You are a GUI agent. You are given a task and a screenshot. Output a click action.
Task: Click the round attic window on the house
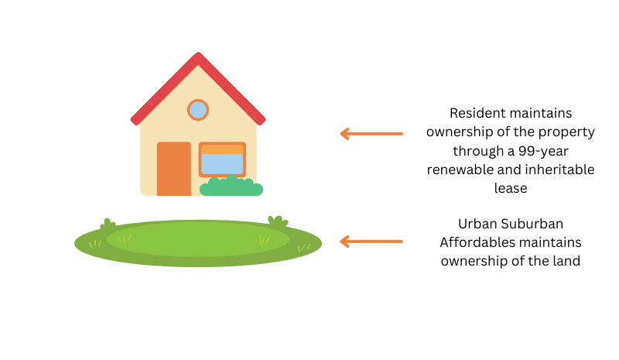[198, 110]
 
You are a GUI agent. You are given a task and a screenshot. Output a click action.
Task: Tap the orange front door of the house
[174, 169]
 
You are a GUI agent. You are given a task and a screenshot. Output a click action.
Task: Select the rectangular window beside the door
[222, 159]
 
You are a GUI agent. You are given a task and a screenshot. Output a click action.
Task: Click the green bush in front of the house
[231, 186]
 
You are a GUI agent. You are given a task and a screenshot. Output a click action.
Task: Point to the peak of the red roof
[198, 53]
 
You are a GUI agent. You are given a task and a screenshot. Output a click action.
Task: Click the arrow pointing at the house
[371, 134]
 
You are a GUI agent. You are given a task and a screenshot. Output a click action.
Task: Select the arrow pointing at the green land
[371, 241]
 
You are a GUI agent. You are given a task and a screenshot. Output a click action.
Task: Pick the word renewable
[460, 170]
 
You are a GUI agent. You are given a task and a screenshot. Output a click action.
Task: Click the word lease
[511, 188]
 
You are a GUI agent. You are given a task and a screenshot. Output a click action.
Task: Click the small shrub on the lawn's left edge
[108, 225]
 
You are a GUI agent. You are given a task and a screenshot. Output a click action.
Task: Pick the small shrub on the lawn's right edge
[278, 221]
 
